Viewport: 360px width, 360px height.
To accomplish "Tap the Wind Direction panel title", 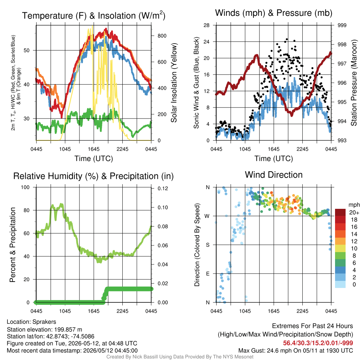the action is point(274,175).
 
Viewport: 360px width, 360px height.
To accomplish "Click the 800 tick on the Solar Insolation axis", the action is point(162,36).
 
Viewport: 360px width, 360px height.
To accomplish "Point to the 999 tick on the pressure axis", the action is point(342,25).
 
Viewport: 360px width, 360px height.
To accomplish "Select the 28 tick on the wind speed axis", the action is point(206,25).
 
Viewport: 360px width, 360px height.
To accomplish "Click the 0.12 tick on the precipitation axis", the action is point(163,188).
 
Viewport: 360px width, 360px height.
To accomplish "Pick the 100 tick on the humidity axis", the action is point(25,187).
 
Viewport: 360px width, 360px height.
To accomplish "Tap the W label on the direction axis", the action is point(207,216).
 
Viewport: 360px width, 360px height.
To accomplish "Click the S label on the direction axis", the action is point(207,245).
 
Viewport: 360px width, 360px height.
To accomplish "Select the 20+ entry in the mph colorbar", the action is point(354,213).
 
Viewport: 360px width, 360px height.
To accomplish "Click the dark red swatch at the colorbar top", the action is point(340,212).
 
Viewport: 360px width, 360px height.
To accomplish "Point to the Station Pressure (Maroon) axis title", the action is point(354,83).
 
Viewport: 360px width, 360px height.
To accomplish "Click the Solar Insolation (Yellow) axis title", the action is point(174,83).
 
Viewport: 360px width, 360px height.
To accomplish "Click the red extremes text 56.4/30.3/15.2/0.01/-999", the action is point(318,343).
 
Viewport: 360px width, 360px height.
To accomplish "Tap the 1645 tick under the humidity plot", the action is point(94,311).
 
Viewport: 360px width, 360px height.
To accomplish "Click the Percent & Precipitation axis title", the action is point(13,245).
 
